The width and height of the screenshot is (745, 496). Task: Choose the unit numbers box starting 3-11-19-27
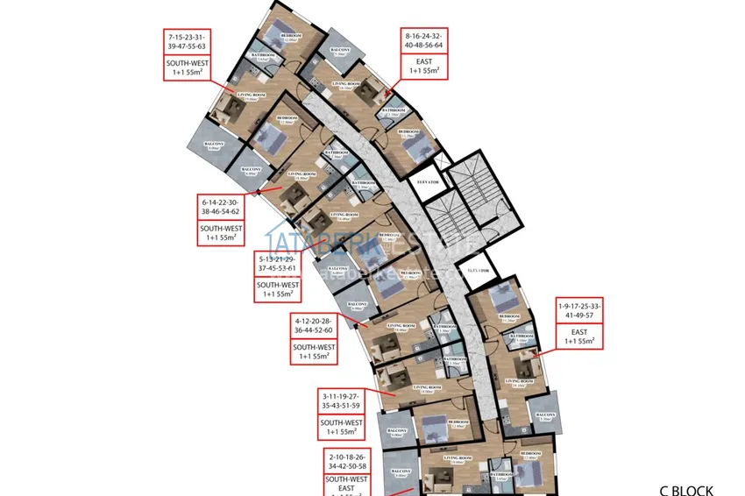pyautogui.click(x=338, y=401)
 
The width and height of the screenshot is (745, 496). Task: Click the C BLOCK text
pyautogui.click(x=686, y=491)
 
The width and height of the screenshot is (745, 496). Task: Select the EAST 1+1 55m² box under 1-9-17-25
pyautogui.click(x=578, y=337)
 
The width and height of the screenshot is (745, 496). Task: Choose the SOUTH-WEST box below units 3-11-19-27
pyautogui.click(x=338, y=427)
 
